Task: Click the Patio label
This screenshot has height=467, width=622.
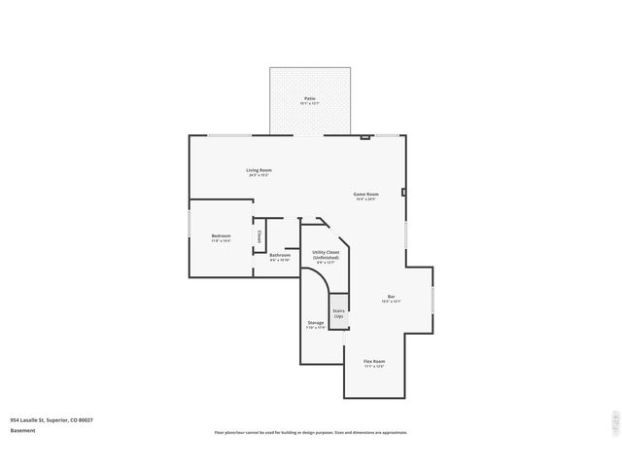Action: click(309, 98)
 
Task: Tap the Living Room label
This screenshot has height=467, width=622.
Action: click(259, 170)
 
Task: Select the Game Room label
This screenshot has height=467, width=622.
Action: click(365, 194)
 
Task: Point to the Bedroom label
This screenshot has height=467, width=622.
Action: click(221, 235)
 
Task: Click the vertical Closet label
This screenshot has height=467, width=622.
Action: click(259, 236)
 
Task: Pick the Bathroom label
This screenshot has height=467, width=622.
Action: click(280, 255)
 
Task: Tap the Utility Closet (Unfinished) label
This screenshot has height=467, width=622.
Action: click(326, 255)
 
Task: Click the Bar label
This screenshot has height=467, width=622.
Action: click(391, 297)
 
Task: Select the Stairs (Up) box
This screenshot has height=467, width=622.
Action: click(338, 314)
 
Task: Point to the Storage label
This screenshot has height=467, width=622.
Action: click(316, 322)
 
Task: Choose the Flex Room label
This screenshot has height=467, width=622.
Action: click(374, 361)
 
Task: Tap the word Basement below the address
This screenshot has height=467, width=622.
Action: click(23, 430)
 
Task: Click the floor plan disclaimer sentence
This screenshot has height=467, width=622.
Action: click(310, 432)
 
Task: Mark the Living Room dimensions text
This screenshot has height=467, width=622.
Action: click(259, 176)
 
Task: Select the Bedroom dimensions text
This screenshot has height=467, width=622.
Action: click(221, 241)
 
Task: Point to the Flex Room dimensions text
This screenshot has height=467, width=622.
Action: click(374, 367)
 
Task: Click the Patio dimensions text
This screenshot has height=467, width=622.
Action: click(309, 104)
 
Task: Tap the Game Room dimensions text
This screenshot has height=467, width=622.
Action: click(365, 199)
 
